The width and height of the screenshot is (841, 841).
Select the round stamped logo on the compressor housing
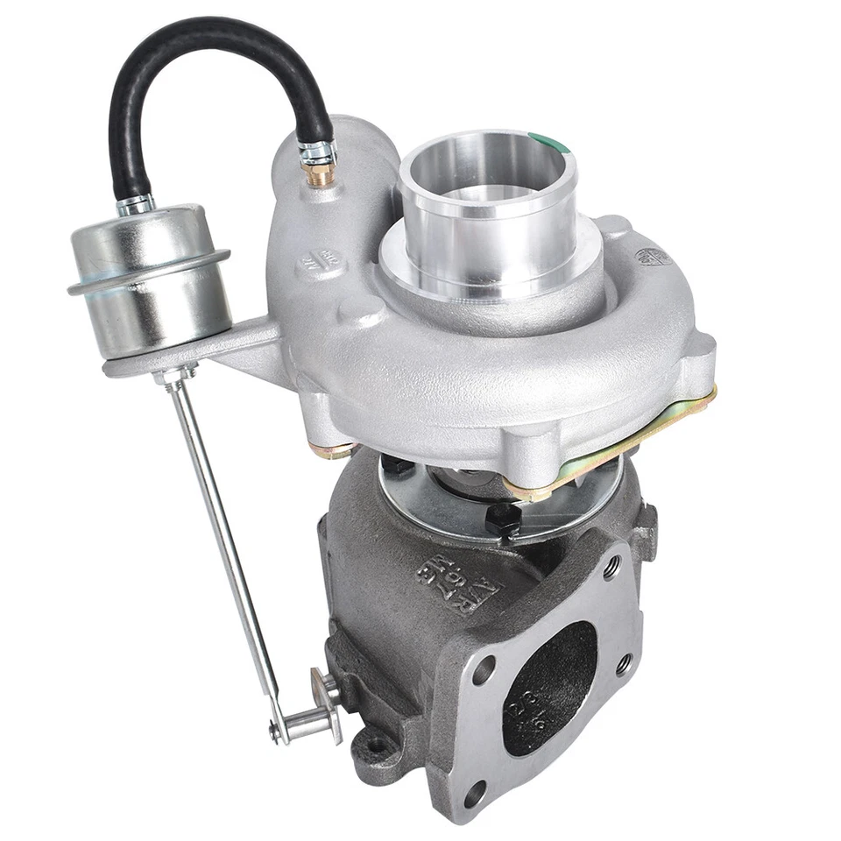click(x=654, y=256)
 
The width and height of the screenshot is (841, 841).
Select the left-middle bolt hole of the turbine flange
click(x=482, y=671)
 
